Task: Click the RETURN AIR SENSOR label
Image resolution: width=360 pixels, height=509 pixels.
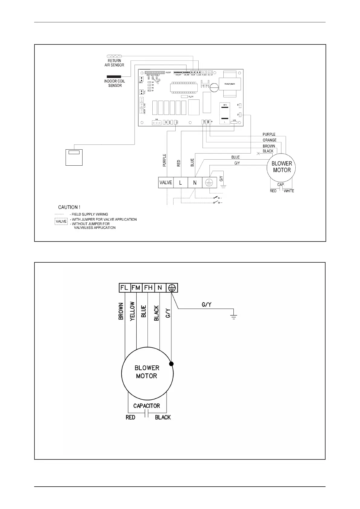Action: pyautogui.click(x=114, y=63)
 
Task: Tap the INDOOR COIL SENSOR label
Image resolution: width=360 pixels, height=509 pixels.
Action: pyautogui.click(x=115, y=83)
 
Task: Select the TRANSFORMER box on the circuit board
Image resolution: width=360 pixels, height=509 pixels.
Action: pyautogui.click(x=230, y=84)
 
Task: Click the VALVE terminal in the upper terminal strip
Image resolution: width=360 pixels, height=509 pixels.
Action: pyautogui.click(x=166, y=183)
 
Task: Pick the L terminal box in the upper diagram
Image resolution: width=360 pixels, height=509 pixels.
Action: pyautogui.click(x=180, y=183)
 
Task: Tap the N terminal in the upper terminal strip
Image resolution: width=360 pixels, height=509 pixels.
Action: pyautogui.click(x=195, y=183)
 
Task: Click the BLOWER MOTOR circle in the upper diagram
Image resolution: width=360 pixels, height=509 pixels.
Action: pyautogui.click(x=282, y=167)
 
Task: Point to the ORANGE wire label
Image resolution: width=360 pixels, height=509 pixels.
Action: pyautogui.click(x=269, y=140)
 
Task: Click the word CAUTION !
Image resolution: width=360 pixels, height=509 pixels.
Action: pyautogui.click(x=69, y=207)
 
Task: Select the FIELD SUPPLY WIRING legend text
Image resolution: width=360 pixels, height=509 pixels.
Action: pyautogui.click(x=89, y=214)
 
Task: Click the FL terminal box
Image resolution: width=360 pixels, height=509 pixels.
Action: pyautogui.click(x=124, y=288)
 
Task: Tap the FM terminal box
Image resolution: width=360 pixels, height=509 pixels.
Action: pyautogui.click(x=136, y=288)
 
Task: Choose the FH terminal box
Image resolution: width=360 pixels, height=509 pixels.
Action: pyautogui.click(x=148, y=288)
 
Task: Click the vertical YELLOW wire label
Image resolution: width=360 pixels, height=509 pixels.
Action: pyautogui.click(x=132, y=312)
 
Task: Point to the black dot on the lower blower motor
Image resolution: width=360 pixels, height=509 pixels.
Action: pyautogui.click(x=171, y=364)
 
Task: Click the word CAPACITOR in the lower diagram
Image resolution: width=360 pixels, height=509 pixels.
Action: pyautogui.click(x=147, y=406)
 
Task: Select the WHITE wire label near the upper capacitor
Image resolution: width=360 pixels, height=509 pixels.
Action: pyautogui.click(x=289, y=191)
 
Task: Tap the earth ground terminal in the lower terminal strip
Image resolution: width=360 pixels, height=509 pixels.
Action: pyautogui.click(x=172, y=288)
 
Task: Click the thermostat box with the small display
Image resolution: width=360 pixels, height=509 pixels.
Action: pyautogui.click(x=74, y=157)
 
